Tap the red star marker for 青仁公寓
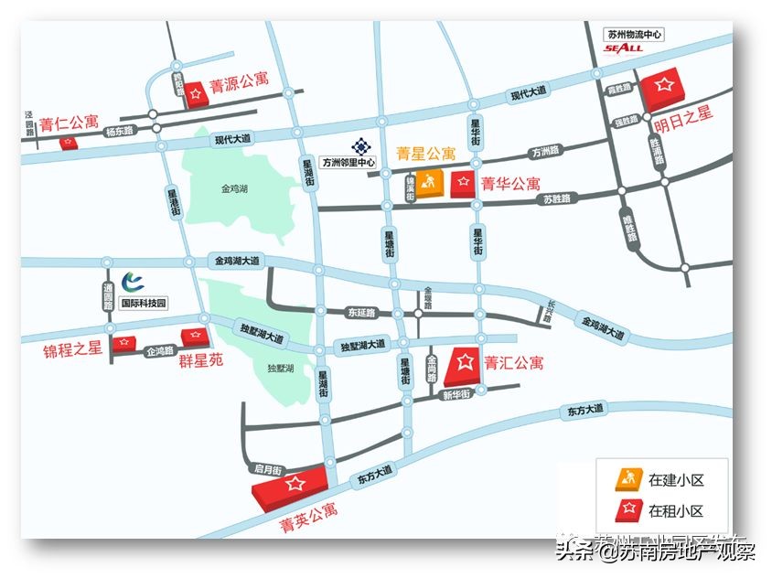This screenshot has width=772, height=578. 67,144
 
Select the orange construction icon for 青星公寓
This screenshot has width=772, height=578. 430,182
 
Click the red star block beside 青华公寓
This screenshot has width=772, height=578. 463,183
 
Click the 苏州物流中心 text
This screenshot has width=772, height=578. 634,35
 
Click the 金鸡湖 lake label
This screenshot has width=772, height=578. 235,189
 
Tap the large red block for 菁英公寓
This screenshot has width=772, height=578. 291,485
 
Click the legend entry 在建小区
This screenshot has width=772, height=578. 675,479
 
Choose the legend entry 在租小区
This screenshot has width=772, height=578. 675,511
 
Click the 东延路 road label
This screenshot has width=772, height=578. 361,313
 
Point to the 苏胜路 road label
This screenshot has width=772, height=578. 555,198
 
